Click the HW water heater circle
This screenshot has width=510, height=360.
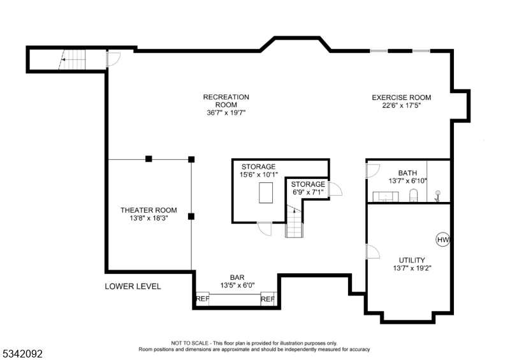tap(442, 240)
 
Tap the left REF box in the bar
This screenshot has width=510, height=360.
tap(202, 299)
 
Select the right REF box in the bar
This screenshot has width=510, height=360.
tap(268, 299)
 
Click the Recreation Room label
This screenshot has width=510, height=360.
tap(226, 101)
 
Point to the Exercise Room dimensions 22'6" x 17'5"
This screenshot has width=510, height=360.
tap(402, 105)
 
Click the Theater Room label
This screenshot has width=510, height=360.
tap(149, 210)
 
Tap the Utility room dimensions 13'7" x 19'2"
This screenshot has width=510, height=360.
tap(412, 268)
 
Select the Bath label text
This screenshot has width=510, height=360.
tap(407, 173)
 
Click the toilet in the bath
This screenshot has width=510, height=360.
tap(413, 195)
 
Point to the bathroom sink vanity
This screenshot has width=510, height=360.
tap(386, 196)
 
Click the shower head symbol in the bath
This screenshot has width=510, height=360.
tap(437, 196)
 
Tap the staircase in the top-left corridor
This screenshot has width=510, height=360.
tap(72, 59)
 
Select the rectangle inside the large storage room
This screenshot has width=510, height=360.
tap(266, 193)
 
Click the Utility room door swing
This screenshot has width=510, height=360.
tap(373, 252)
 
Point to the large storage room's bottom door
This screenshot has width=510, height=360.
tap(265, 229)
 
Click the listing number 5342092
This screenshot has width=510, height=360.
tap(23, 354)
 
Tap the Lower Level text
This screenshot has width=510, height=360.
tap(133, 286)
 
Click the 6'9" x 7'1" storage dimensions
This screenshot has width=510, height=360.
tap(308, 192)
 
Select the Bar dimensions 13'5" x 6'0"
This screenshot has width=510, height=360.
tap(237, 285)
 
